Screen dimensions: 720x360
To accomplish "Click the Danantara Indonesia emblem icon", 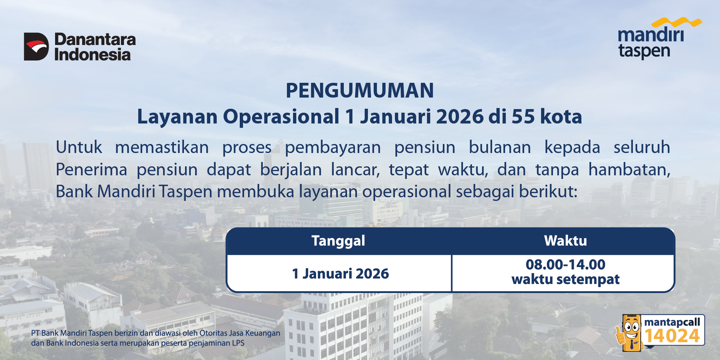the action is point(36,46).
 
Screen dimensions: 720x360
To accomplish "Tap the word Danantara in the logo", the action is point(95,40).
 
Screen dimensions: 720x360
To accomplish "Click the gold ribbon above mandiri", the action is point(676,23).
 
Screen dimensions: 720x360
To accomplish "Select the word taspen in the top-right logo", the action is point(644,51).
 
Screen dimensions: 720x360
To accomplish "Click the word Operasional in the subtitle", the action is point(281,117).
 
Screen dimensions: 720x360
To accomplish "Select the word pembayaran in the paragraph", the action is point(333,148).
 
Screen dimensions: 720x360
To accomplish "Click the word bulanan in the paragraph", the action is point(500,147).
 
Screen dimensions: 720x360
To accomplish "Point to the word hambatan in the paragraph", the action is point(629,169).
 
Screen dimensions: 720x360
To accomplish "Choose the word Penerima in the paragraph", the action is point(91,170).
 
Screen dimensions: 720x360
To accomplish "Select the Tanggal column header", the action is point(338,241).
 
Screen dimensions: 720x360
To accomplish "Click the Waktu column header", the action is point(566,240).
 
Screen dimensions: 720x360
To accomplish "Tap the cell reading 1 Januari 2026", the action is point(341,274).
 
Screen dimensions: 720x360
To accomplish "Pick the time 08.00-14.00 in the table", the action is point(566,265).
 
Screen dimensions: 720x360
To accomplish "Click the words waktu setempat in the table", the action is point(566,279).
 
